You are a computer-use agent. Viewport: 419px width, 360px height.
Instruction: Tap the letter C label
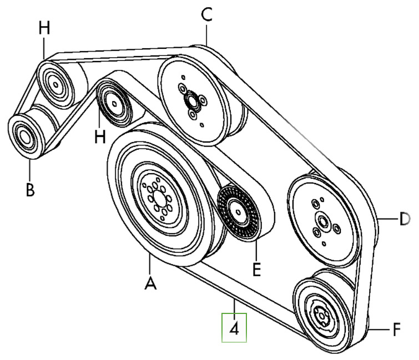(x=206, y=16)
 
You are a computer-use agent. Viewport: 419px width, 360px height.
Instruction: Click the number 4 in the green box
(x=234, y=328)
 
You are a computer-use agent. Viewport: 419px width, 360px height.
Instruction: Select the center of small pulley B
(x=24, y=134)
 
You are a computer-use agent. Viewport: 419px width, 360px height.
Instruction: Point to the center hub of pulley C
(x=191, y=101)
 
